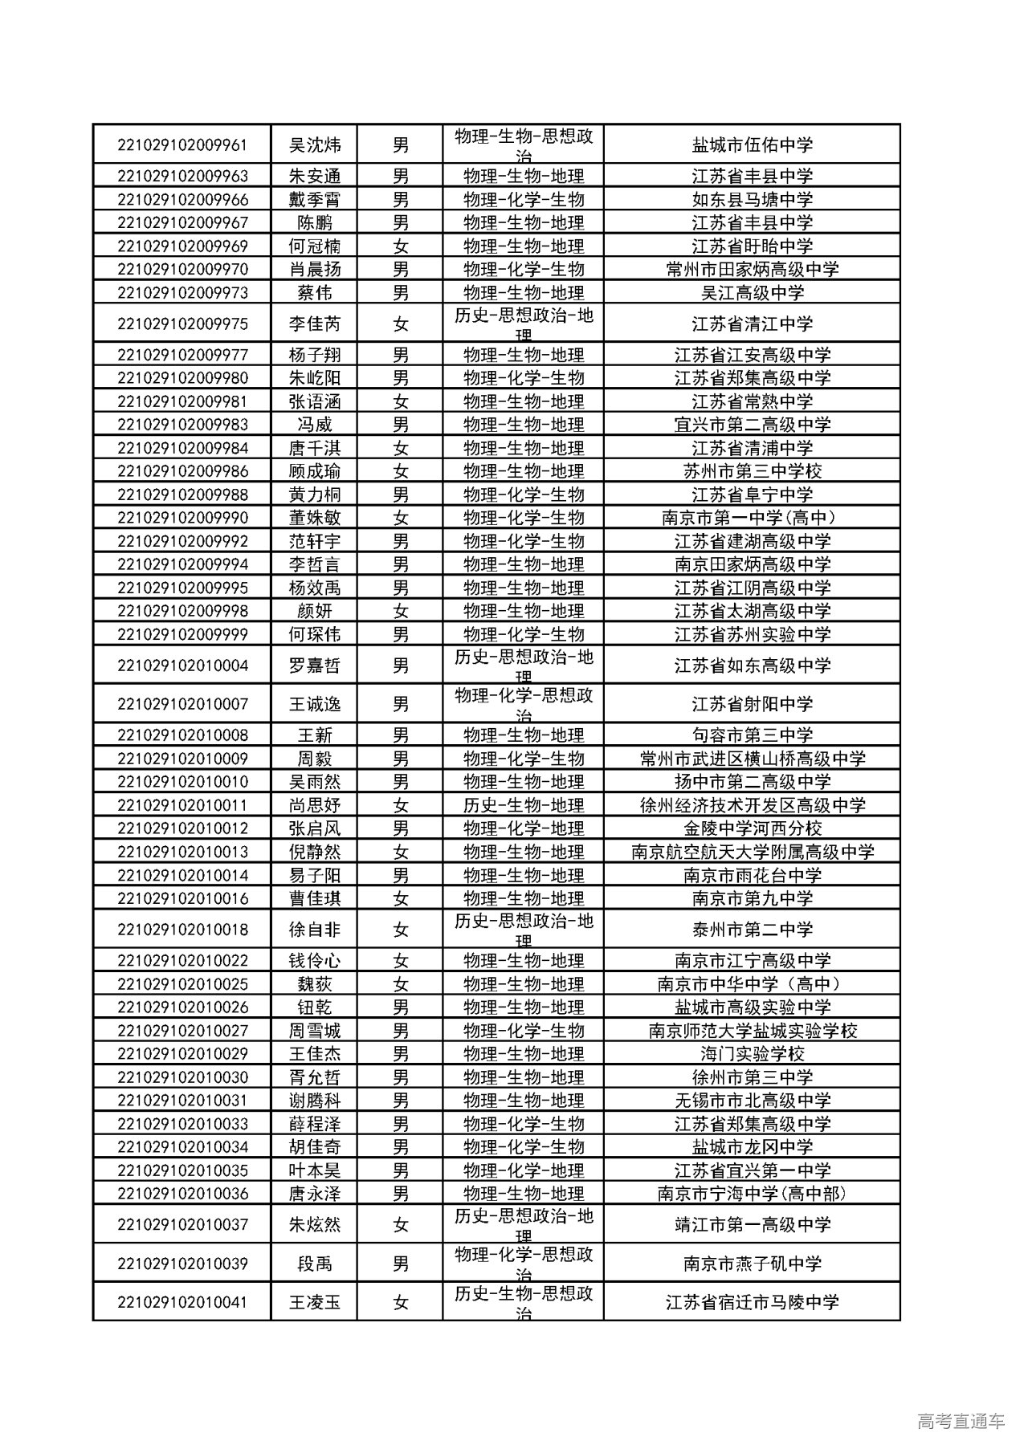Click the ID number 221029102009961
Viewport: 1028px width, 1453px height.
pos(182,145)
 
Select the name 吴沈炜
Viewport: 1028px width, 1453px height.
pos(315,145)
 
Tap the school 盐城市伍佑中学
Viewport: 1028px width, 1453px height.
pos(752,145)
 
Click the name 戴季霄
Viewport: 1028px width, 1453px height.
pos(315,200)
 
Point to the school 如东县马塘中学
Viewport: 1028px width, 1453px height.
pos(752,200)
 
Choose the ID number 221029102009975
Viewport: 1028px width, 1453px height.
pos(182,324)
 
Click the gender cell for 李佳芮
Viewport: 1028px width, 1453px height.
pos(400,324)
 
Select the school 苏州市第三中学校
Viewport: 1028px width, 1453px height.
pos(752,471)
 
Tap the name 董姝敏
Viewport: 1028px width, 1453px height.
pos(315,518)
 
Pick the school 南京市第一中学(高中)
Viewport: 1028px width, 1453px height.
pos(752,518)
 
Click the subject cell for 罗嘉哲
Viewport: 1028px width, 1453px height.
pos(524,665)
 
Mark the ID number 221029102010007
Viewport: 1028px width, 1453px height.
pos(182,704)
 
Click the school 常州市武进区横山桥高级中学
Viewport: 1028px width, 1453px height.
pos(752,759)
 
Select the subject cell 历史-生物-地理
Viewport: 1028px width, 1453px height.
pos(524,805)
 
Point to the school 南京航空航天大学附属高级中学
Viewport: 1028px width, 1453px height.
pos(752,852)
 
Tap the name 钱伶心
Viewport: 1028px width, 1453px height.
pos(315,961)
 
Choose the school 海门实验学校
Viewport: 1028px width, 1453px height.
pos(752,1054)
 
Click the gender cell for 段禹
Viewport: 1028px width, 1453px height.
pos(400,1264)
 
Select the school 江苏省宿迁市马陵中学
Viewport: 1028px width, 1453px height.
pos(752,1302)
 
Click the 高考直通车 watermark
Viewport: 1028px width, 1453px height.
pos(961,1422)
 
